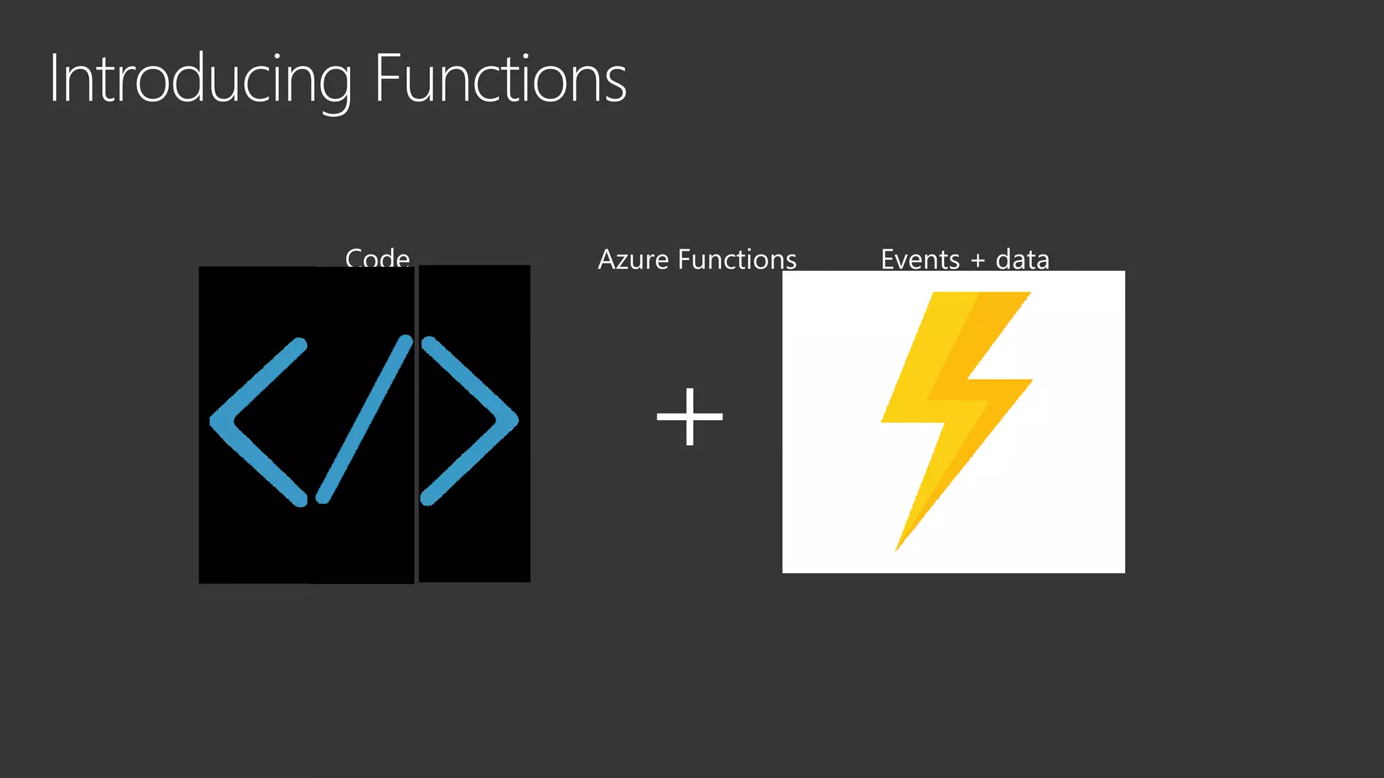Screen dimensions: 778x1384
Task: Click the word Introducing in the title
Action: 200,80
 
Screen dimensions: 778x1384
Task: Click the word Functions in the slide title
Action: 500,80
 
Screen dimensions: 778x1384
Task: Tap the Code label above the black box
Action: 377,258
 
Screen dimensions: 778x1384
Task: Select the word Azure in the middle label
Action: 633,259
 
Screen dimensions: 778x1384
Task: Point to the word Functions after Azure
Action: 737,259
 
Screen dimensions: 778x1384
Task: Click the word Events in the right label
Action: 920,259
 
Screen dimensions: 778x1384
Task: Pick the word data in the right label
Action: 1022,259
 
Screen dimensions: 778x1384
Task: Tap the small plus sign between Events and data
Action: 977,261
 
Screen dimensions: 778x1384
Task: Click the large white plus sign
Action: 689,416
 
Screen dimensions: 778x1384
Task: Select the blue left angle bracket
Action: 257,421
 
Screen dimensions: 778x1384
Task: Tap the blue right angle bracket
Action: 470,420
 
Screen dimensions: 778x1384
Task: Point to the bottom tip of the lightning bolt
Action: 898,548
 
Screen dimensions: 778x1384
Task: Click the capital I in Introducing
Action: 53,80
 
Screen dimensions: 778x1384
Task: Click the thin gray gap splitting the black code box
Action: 416,424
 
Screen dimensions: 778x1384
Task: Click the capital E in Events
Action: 887,259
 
